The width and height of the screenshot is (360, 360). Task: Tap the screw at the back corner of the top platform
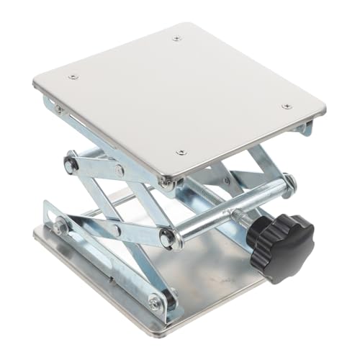(177, 37)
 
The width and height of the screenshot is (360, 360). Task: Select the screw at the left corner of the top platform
(73, 76)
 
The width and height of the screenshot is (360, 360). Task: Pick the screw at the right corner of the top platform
(287, 106)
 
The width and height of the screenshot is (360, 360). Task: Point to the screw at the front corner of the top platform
(181, 152)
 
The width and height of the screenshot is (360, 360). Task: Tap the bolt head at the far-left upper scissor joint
(70, 164)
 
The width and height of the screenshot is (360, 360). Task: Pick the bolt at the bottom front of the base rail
(156, 302)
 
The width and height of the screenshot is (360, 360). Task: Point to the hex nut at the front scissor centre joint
(167, 238)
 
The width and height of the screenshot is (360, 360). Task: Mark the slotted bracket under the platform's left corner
(58, 108)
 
